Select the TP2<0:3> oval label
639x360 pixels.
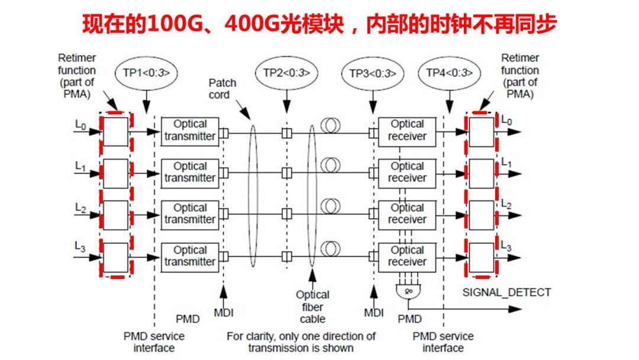[x=287, y=73]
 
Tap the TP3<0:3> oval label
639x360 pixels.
[x=373, y=73]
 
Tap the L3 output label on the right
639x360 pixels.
[x=507, y=246]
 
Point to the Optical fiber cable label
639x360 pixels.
[x=312, y=307]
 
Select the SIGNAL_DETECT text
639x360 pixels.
[x=506, y=292]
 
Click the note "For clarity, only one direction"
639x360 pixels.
[x=301, y=336]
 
